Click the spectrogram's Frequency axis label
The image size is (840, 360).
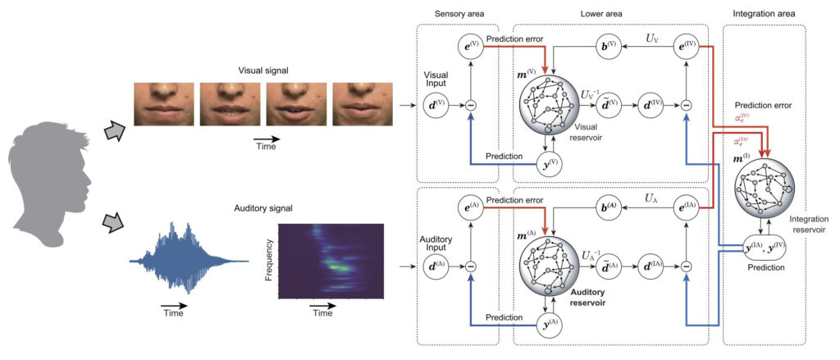click(x=269, y=255)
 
